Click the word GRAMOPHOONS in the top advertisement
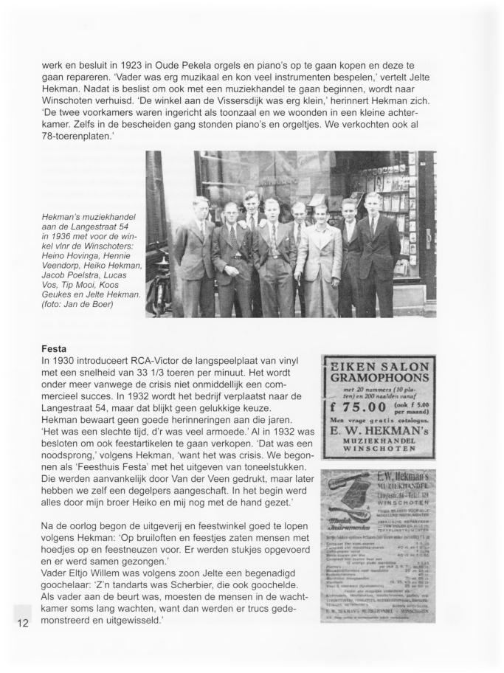click(x=379, y=383)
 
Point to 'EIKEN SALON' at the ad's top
click(x=379, y=367)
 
